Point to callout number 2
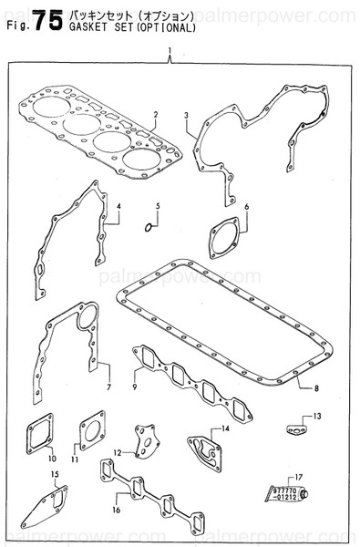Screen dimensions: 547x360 click(x=156, y=114)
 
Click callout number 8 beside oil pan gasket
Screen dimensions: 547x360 click(x=316, y=389)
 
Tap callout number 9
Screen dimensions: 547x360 click(x=134, y=388)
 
